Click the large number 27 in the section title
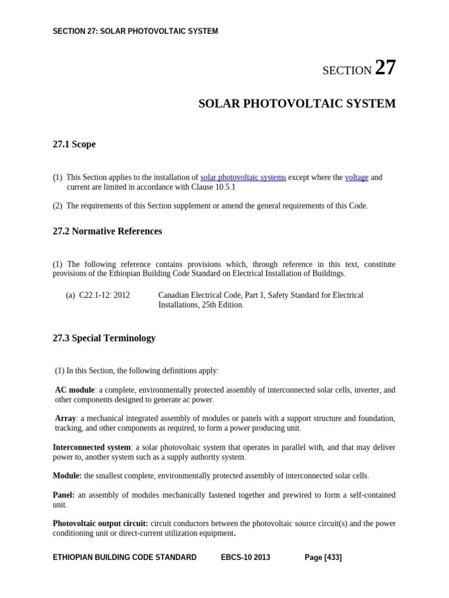pyautogui.click(x=385, y=68)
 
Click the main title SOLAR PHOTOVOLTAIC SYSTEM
pyautogui.click(x=297, y=104)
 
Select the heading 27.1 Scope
pyautogui.click(x=74, y=144)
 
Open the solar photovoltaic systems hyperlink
pyautogui.click(x=243, y=178)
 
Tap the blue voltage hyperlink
pyautogui.click(x=357, y=178)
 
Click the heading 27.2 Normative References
pyautogui.click(x=108, y=231)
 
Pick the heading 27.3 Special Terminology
pyautogui.click(x=104, y=338)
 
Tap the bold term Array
pyautogui.click(x=65, y=419)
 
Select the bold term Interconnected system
pyautogui.click(x=92, y=447)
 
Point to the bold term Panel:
pyautogui.click(x=64, y=495)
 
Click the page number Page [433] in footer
pyautogui.click(x=323, y=558)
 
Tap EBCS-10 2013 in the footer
pyautogui.click(x=246, y=558)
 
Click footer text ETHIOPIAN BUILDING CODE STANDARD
pyautogui.click(x=125, y=558)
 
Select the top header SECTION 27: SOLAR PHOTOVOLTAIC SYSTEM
pyautogui.click(x=135, y=32)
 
